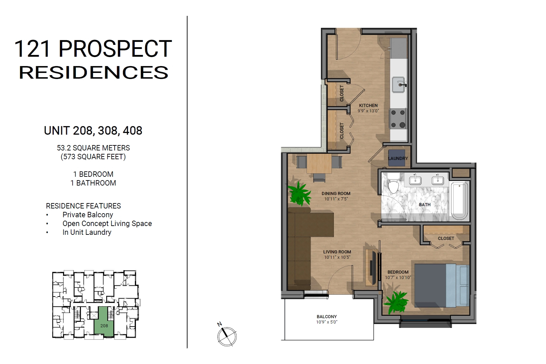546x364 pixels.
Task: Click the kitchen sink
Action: point(399,85)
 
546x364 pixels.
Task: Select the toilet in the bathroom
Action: point(393,183)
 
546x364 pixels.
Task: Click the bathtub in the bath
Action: point(459,201)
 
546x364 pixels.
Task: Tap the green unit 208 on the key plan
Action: point(104,322)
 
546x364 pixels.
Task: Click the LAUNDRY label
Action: point(398,159)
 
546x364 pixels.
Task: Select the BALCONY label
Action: point(327,316)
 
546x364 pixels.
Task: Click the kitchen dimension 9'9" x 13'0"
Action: point(368,111)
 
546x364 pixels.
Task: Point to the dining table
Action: point(319,164)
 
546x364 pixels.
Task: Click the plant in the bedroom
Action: point(395,302)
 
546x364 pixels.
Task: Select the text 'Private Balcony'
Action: point(88,215)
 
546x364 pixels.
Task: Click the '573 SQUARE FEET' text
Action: point(93,157)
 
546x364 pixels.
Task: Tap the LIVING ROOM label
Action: point(337,252)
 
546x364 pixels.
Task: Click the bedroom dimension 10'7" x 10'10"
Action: point(398,277)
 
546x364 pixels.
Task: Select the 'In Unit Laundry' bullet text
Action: point(87,232)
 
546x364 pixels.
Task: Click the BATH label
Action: point(425,205)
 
